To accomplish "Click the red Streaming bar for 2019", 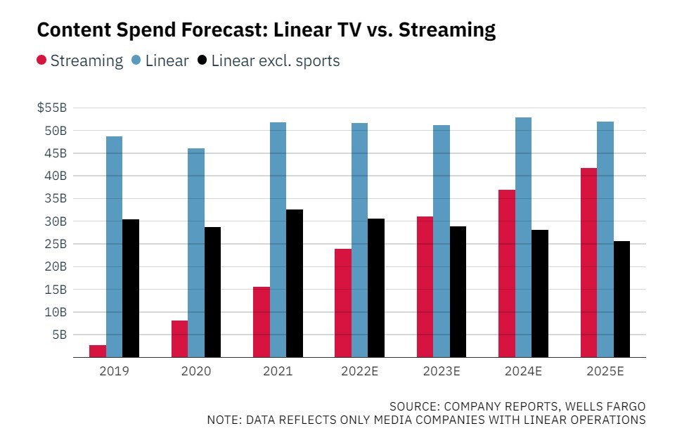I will coord(98,351).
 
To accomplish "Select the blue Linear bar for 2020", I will coord(196,253).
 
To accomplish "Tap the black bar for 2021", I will coord(294,283).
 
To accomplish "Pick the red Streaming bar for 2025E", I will coord(588,262).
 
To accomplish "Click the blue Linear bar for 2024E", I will coord(523,237).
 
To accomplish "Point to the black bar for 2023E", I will coord(458,292).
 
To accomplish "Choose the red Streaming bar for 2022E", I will coord(343,303).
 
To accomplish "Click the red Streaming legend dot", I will coord(41,61).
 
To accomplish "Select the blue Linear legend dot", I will coord(136,61).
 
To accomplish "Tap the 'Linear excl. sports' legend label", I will coord(275,61).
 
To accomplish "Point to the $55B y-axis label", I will coord(51,108).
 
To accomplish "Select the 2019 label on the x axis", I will coord(114,370).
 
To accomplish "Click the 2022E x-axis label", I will coord(359,370).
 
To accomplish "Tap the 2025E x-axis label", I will coord(605,370).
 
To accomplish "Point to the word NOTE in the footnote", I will coord(223,420).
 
